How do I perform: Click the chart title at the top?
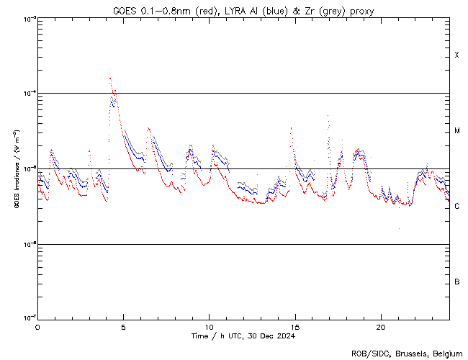point(243,11)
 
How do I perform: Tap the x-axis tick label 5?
point(123,327)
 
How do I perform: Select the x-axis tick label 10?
point(209,327)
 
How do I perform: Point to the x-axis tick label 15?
point(294,327)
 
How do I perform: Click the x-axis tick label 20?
point(380,327)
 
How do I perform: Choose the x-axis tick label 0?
point(37,327)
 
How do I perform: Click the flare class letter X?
point(456,55)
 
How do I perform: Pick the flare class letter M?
point(456,131)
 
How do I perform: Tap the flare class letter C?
point(456,207)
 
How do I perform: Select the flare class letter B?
point(456,282)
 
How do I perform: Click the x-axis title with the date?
point(243,336)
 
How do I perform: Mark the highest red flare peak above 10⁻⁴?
point(110,78)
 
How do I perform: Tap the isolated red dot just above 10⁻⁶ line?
point(398,228)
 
